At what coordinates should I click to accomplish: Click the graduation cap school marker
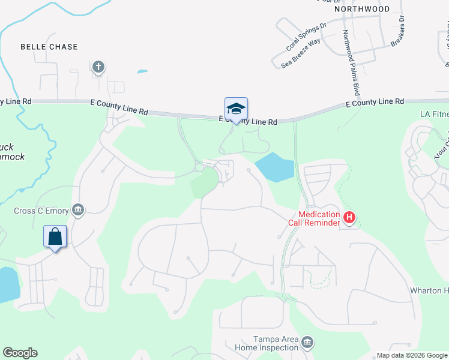pyautogui.click(x=236, y=109)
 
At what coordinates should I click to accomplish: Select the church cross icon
pyautogui.click(x=98, y=66)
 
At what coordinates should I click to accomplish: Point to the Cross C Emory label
pyautogui.click(x=41, y=211)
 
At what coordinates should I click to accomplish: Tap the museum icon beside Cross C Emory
pyautogui.click(x=77, y=210)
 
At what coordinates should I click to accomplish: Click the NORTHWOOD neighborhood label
pyautogui.click(x=362, y=9)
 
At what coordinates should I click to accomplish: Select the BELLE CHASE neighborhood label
pyautogui.click(x=49, y=46)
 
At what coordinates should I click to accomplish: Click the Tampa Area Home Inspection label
pyautogui.click(x=276, y=343)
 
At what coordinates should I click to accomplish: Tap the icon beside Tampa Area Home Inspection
pyautogui.click(x=307, y=343)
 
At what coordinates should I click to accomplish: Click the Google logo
pyautogui.click(x=20, y=353)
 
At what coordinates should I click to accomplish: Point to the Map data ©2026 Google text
pyautogui.click(x=411, y=355)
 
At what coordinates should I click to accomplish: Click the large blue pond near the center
pyautogui.click(x=276, y=167)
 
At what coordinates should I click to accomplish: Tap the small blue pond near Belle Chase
pyautogui.click(x=142, y=72)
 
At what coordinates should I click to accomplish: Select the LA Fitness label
pyautogui.click(x=433, y=113)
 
